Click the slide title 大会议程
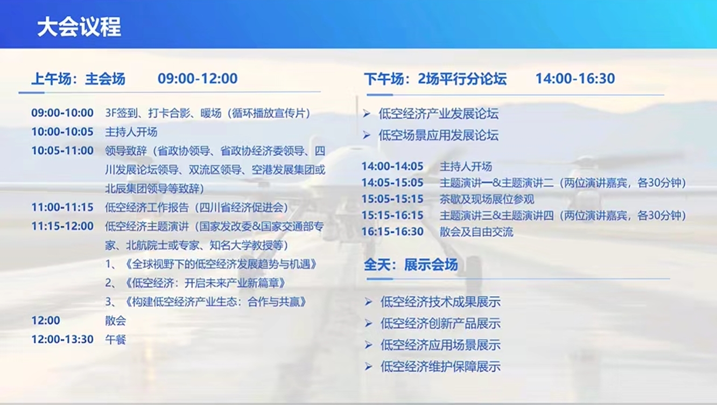coord(79,26)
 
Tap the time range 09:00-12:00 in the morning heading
coord(198,79)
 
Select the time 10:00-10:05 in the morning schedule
coord(62,131)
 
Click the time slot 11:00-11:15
coord(62,207)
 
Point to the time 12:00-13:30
coord(62,339)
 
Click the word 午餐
coord(116,339)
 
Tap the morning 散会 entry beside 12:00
coord(116,320)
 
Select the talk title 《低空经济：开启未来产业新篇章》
coord(205,283)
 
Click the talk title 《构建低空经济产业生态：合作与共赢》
coord(216,302)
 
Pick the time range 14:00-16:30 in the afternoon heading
coord(575,79)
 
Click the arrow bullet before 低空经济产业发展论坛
coord(367,114)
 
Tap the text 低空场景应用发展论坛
coord(439,135)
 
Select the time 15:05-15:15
coord(392,199)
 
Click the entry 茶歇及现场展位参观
coord(487,199)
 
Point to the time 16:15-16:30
coord(392,232)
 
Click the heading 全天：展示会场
coord(411,265)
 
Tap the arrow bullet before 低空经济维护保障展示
coord(368,367)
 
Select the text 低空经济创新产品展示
coord(440,323)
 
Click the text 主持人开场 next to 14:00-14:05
coord(466,166)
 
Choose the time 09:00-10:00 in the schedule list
coord(62,113)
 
